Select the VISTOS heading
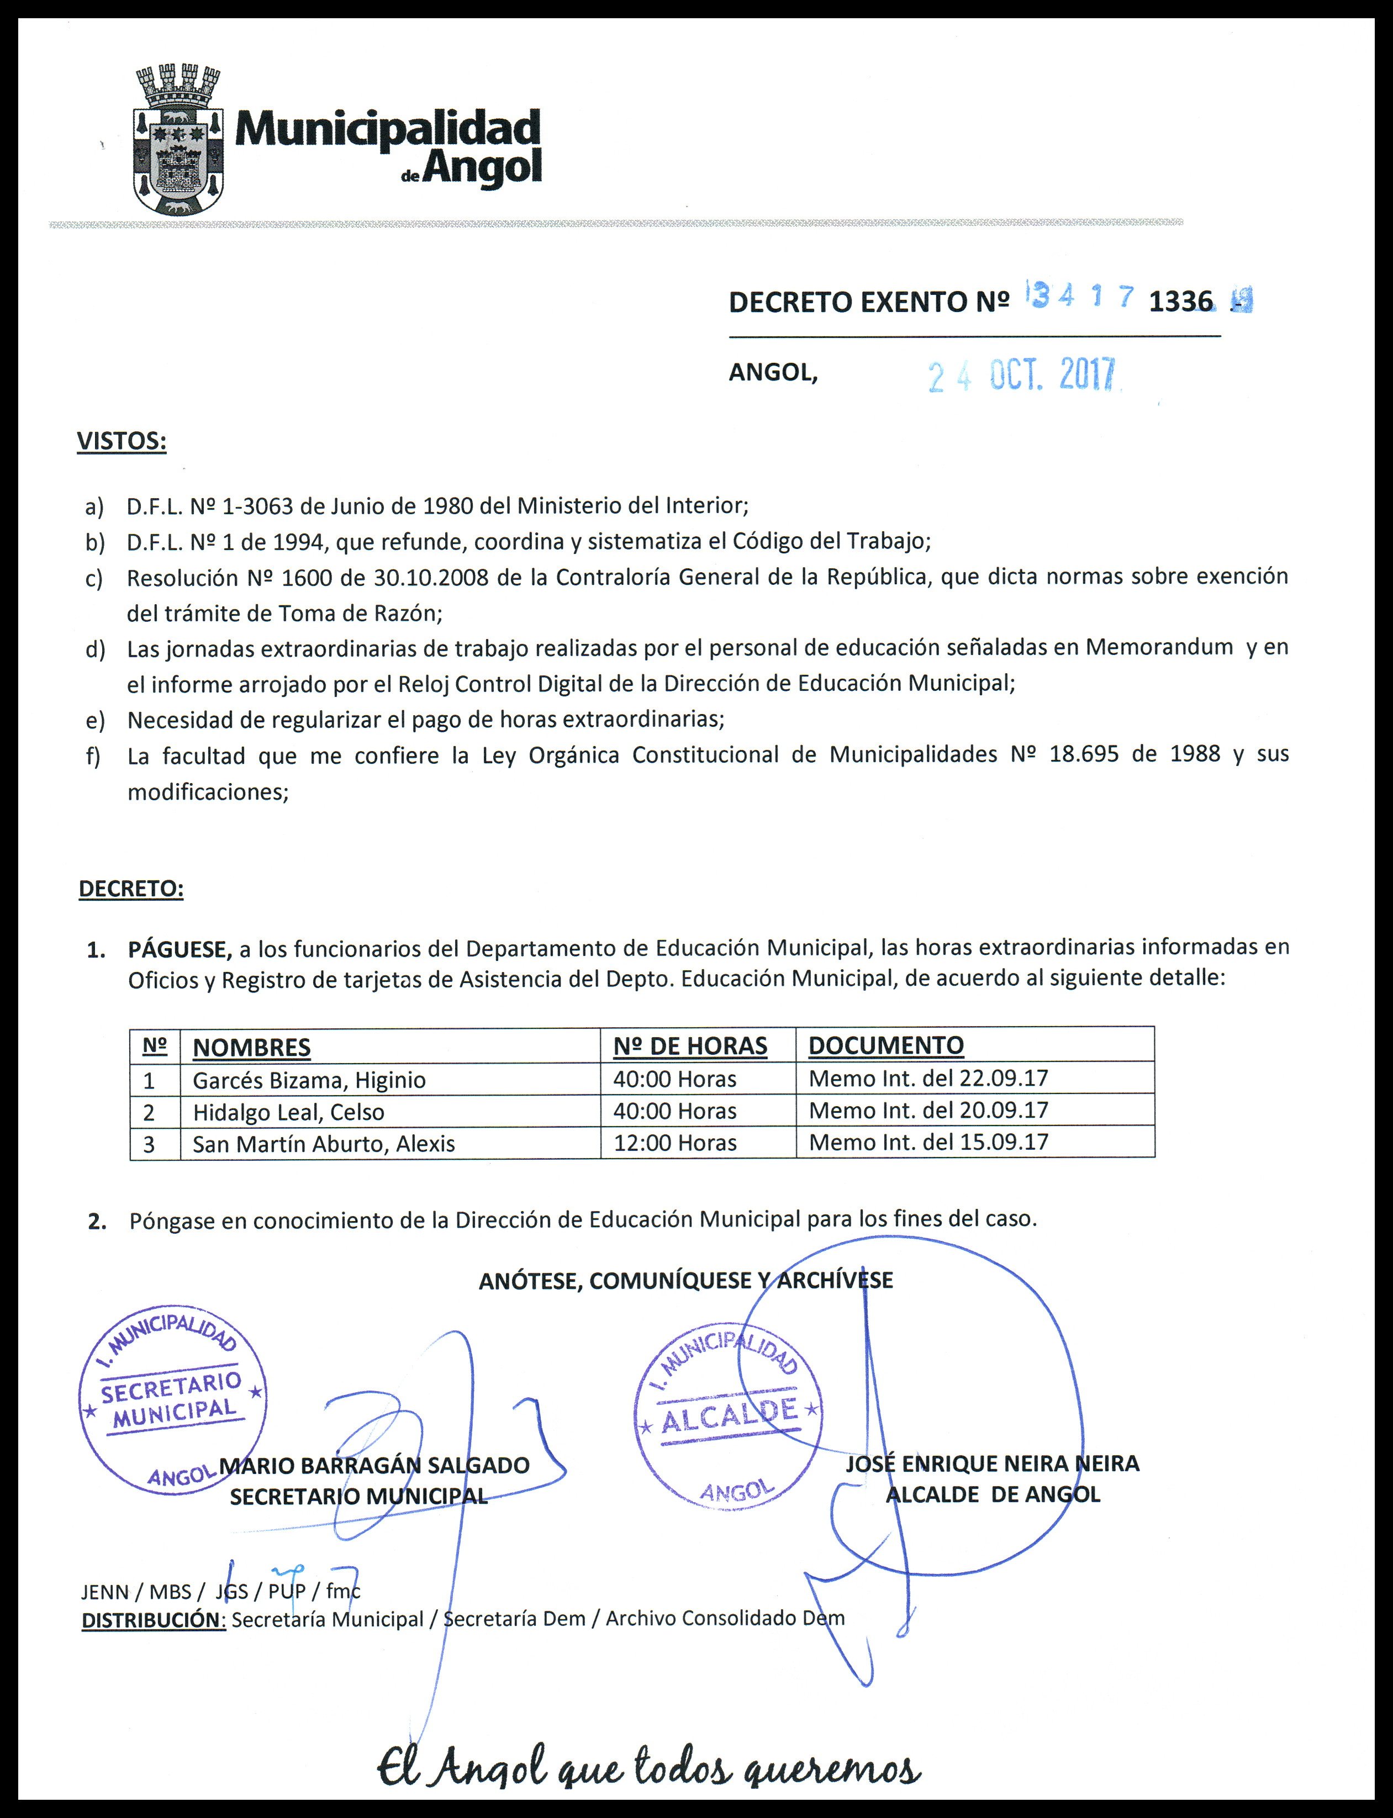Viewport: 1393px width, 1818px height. point(122,441)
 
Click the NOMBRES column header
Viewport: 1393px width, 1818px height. point(251,1047)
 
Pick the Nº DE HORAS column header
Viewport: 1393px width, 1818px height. point(690,1046)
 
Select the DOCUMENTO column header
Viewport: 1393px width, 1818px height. point(885,1045)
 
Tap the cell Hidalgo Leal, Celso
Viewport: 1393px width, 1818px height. point(288,1111)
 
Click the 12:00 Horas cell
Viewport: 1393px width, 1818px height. point(675,1143)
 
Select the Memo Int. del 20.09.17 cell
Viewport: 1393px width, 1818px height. point(928,1109)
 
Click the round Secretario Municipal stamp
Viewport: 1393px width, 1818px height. point(172,1400)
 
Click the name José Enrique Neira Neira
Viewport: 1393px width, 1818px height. point(993,1463)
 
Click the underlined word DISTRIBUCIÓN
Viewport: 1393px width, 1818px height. point(154,1618)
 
